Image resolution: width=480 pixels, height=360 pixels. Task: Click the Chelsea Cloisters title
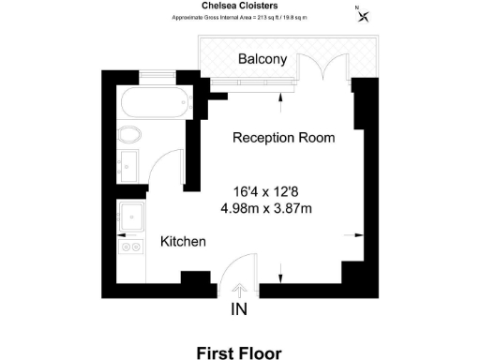[x=239, y=5]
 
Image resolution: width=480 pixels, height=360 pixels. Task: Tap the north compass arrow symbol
[x=364, y=13]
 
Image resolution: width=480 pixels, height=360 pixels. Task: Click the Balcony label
[x=262, y=59]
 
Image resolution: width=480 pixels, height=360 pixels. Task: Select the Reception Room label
[x=283, y=138]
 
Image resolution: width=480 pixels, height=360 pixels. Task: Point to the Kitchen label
[x=183, y=242]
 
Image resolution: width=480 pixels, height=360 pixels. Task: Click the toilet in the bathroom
[x=129, y=134]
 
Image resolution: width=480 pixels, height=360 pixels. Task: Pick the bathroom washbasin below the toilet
[x=129, y=165]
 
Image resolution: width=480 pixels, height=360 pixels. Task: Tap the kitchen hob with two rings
[x=130, y=247]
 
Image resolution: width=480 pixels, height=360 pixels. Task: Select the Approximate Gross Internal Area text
[x=239, y=17]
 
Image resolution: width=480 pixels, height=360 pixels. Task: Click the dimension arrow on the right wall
[x=349, y=234]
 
